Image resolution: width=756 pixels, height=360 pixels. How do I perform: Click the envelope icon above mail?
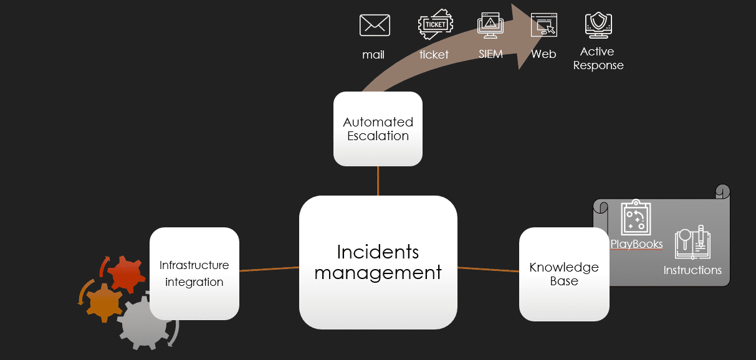375,26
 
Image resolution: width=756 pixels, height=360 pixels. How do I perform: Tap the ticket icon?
435,26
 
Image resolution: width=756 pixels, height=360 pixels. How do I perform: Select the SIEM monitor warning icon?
490,26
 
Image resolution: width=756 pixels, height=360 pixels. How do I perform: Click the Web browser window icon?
543,26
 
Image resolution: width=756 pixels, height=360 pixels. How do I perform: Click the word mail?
373,55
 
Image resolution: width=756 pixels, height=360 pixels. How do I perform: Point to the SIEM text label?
490,54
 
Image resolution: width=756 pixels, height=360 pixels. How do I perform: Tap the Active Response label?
598,59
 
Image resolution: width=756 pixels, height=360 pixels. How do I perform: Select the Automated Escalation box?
378,129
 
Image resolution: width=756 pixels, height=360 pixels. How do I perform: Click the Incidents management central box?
378,262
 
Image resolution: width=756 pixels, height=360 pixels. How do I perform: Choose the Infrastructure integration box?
194,273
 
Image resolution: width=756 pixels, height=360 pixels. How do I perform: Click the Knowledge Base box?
564,274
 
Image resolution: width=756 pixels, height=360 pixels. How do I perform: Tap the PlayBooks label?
636,244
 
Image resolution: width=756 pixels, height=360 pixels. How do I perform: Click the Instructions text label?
692,270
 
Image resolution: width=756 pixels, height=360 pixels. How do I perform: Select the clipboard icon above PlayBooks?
636,218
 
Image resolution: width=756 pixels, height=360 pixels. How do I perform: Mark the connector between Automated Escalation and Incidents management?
378,181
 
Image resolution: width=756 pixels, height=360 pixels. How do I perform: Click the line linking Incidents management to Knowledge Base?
488,270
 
